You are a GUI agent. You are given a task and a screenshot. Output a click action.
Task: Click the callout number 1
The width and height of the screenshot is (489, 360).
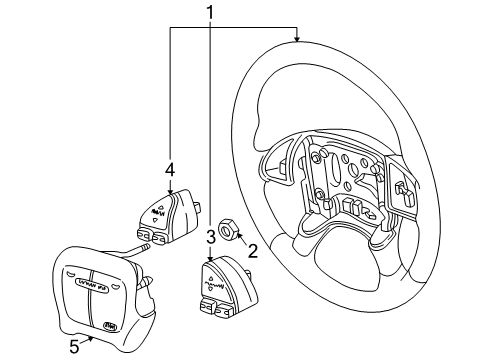[x=211, y=13]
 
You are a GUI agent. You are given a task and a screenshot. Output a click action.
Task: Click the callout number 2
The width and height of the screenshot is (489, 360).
[x=252, y=251]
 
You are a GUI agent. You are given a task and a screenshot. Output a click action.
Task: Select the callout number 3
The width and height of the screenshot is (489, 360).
[x=211, y=238]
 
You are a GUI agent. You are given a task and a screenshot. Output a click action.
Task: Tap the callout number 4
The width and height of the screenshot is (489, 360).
[x=170, y=169]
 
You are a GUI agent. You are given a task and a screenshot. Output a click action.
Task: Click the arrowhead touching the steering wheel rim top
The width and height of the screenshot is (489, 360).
[x=296, y=39]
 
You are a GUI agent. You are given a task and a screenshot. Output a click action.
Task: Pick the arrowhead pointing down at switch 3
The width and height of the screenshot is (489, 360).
[x=211, y=261]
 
